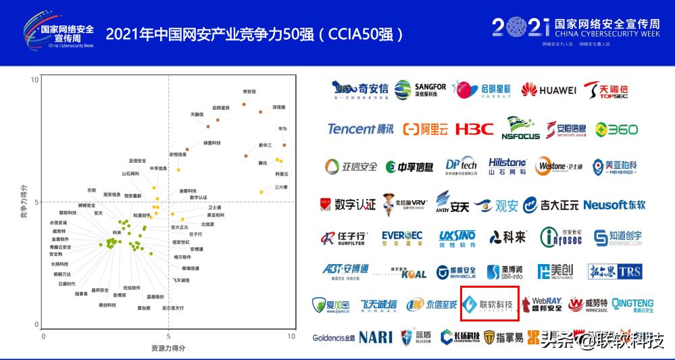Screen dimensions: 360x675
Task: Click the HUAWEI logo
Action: coord(548,91)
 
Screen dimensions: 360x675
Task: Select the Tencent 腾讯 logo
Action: coord(359,129)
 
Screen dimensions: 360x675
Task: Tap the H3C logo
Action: coord(474,128)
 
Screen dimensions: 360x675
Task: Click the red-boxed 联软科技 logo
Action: coord(490,304)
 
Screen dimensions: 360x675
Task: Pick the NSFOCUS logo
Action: coord(520,129)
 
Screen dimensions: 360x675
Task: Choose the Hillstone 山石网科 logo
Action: coord(507,166)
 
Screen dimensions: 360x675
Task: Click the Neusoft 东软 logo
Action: coord(614,204)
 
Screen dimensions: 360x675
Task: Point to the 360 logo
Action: coord(616,129)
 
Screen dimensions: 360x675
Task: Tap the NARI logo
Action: coord(376,336)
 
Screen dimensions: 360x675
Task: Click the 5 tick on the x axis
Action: coord(168,336)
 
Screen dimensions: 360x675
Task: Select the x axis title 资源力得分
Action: coord(168,348)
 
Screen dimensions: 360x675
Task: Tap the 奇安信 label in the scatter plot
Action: coord(249,92)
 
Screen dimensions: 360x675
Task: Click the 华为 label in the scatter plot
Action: coord(282,128)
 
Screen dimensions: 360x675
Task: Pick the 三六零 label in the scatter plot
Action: coord(281,187)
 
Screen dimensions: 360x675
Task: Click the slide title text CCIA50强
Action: coord(362,33)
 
